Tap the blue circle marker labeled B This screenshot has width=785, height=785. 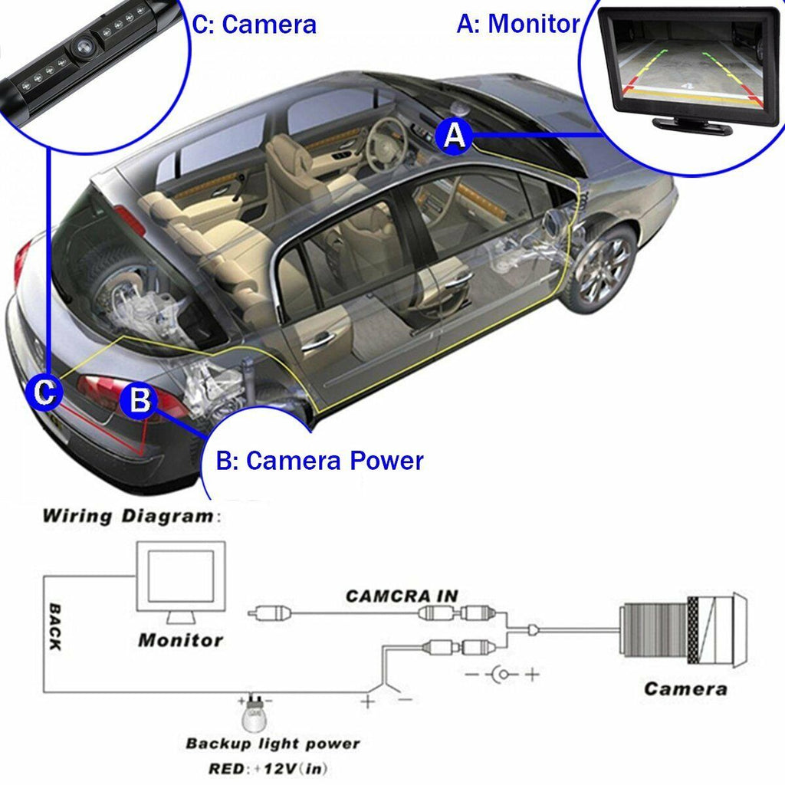(140, 401)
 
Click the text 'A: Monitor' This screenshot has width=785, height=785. (518, 23)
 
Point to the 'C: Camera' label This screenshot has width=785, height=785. (254, 24)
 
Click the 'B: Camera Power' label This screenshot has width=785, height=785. (320, 461)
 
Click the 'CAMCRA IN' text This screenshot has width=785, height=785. (402, 595)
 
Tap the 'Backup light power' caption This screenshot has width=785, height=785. (272, 744)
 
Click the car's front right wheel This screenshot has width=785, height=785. (603, 268)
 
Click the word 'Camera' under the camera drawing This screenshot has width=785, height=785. (685, 688)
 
